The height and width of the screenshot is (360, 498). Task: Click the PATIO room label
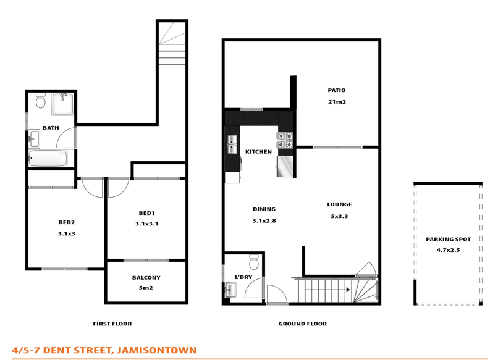[x=337, y=90]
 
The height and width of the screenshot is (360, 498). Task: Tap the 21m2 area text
[x=337, y=102]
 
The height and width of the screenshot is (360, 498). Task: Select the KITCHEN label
[x=258, y=151]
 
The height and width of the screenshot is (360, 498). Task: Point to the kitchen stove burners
[x=285, y=140]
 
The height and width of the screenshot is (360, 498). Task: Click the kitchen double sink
[x=232, y=144]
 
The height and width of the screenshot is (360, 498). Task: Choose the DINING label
[x=264, y=209]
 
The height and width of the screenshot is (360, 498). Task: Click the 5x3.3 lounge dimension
[x=339, y=217]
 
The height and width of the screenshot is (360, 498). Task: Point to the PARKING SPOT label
[x=448, y=239]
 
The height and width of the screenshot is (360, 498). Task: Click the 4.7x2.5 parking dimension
[x=448, y=250]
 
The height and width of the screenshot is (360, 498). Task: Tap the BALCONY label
[x=146, y=278]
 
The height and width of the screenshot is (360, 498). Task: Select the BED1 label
[x=146, y=213]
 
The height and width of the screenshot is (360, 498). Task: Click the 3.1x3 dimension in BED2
[x=66, y=234]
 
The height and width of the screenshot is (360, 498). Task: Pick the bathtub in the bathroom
[x=48, y=159]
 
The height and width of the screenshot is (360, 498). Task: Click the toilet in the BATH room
[x=41, y=100]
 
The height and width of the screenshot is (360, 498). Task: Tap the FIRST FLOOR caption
[x=112, y=324]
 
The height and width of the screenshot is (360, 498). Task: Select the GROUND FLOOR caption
[x=302, y=324]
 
